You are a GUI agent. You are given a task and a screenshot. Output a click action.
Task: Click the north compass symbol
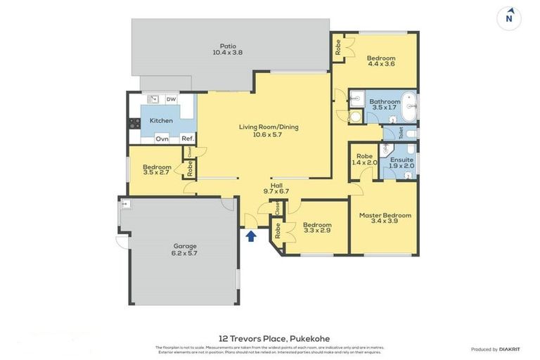tap(509, 18)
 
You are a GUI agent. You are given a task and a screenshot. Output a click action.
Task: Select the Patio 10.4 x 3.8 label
tap(227, 49)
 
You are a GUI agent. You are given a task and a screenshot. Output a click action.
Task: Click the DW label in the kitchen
tap(171, 99)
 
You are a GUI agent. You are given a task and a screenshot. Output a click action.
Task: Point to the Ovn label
tap(162, 139)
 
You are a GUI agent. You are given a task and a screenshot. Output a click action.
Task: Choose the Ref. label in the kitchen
tap(187, 139)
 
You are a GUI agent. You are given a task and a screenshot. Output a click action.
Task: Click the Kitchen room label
tap(161, 121)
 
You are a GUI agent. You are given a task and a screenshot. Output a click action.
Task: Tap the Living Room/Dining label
tap(269, 131)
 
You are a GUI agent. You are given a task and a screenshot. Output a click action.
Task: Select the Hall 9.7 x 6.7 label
tap(271, 188)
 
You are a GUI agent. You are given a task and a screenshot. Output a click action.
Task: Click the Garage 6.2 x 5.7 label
tap(185, 250)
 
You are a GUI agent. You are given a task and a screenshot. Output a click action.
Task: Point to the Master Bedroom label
tap(385, 218)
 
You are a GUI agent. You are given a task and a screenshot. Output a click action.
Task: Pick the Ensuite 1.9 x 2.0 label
tap(401, 162)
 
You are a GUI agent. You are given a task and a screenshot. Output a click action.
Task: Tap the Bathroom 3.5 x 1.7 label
tap(385, 105)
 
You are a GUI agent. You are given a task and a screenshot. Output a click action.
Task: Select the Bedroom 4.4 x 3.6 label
tap(381, 61)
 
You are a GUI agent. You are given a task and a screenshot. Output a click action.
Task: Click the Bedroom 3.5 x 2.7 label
tap(157, 169)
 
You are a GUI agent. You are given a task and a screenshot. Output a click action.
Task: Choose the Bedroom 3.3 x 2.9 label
tap(317, 227)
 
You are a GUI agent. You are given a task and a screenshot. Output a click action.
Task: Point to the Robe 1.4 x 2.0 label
tap(364, 160)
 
